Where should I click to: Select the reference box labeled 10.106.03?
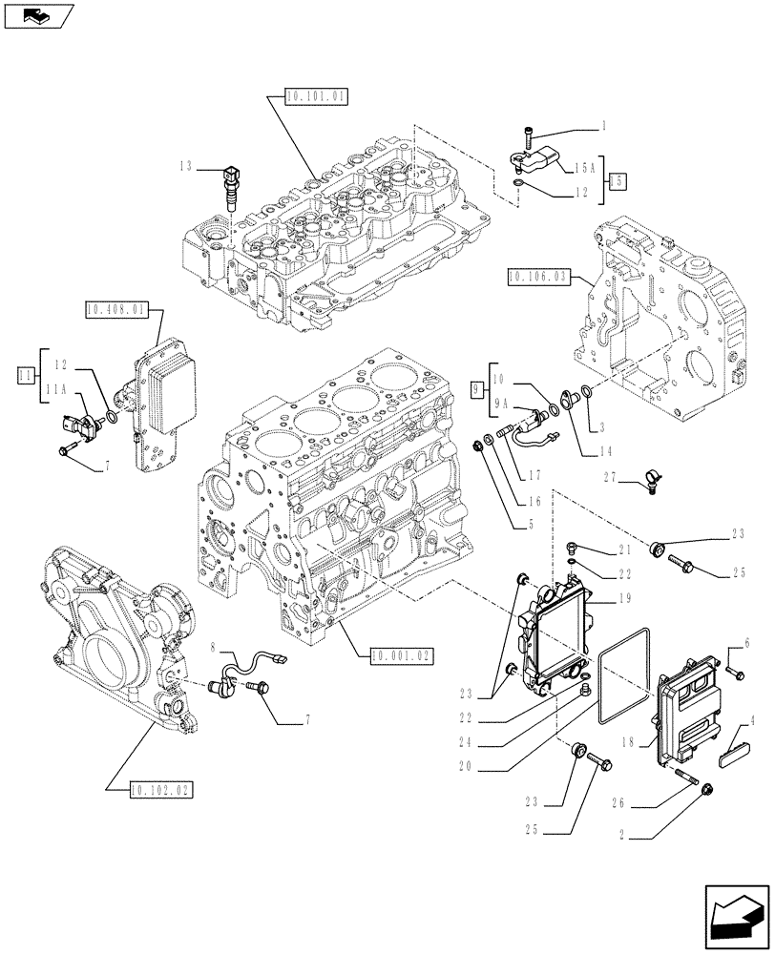(x=538, y=277)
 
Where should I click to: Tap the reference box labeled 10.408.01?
(x=115, y=309)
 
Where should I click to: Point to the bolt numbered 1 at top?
(x=528, y=135)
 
